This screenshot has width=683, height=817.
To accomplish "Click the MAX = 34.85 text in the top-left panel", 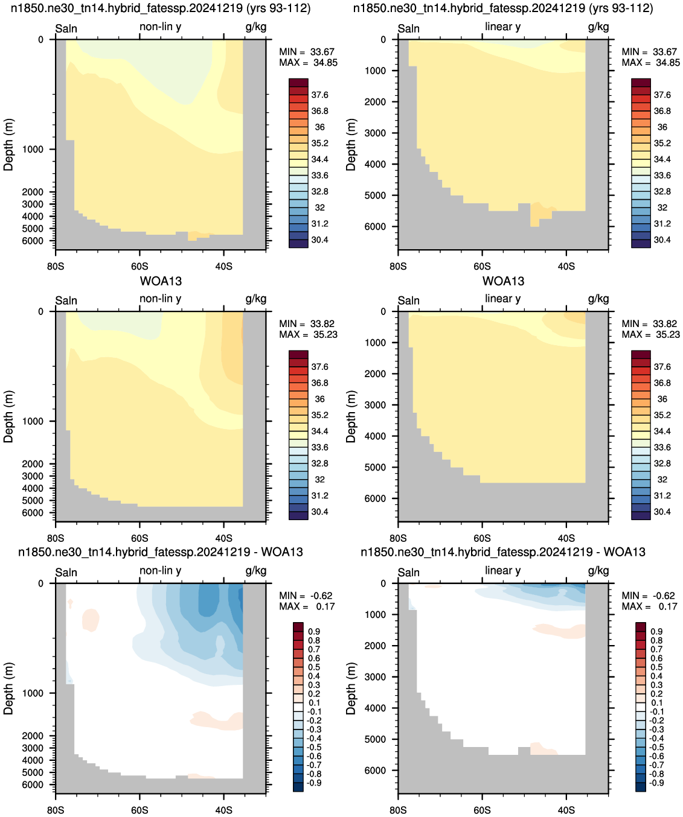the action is point(308,63).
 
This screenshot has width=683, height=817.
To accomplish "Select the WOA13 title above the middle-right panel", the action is point(503,281).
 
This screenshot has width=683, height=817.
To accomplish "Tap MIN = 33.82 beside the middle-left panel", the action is point(308,323).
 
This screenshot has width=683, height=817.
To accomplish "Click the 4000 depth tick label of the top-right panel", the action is point(375,164).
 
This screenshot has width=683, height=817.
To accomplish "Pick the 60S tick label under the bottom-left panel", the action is point(139,810).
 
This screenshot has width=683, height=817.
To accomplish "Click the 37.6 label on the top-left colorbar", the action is point(319,95).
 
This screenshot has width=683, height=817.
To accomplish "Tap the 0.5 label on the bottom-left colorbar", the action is point(314,667).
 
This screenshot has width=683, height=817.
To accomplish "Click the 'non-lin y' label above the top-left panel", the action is point(160,27).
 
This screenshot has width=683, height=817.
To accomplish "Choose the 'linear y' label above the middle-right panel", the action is point(503,299).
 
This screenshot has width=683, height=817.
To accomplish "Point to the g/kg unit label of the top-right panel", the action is point(598,27).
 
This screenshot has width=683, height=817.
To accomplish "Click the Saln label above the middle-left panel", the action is point(66,300).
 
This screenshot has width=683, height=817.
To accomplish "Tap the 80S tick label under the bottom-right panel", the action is point(398,810).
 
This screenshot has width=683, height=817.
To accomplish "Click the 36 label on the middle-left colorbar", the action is point(319,399).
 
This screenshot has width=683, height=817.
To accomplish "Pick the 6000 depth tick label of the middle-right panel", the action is point(375,498).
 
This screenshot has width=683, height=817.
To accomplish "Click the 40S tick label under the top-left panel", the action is point(223,267).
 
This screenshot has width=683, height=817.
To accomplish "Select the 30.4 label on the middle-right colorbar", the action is point(662,512).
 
